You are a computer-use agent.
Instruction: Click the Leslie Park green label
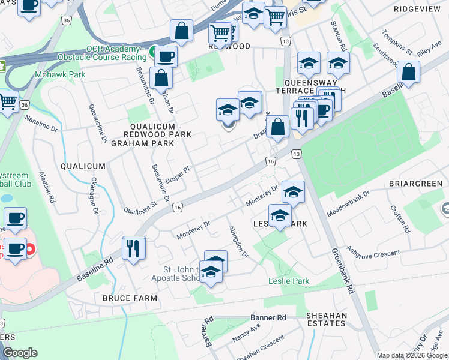point(288,281)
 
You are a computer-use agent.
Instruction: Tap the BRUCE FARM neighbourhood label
point(130,298)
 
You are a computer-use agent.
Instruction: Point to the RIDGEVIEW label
point(417,10)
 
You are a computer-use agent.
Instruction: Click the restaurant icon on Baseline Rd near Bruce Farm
point(133,248)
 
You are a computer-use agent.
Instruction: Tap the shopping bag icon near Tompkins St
point(408,73)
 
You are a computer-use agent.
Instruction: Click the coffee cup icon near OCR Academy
point(166,57)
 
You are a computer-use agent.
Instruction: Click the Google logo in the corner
point(20,353)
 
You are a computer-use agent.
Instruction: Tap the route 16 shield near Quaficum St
point(177,207)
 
